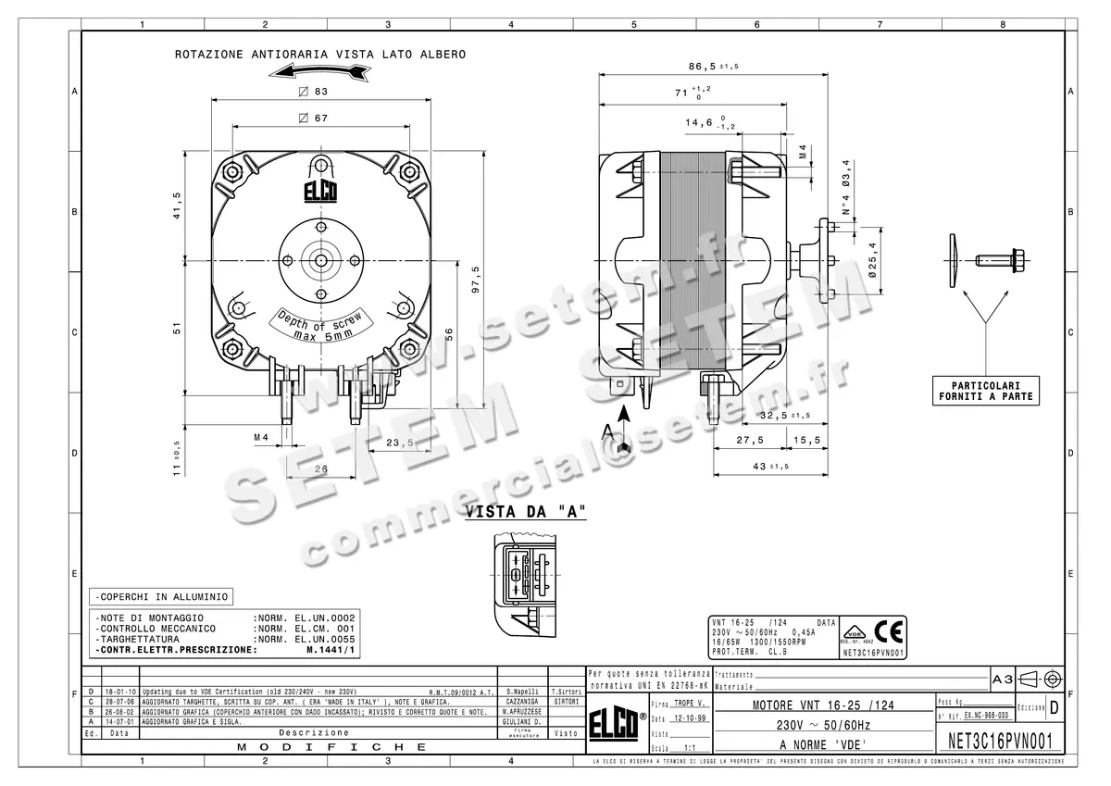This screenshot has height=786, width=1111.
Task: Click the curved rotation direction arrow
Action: point(319,75)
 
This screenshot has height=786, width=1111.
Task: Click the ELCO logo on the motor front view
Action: point(321,192)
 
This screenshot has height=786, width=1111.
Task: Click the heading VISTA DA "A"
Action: point(525,512)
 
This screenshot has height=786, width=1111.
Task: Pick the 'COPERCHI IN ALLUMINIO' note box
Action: point(159,597)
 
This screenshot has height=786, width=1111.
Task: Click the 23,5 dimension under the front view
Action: point(399,443)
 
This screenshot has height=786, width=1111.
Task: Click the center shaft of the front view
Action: point(321,261)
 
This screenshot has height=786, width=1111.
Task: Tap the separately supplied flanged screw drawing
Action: point(1000,257)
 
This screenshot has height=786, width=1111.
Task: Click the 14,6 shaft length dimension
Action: point(701,122)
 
